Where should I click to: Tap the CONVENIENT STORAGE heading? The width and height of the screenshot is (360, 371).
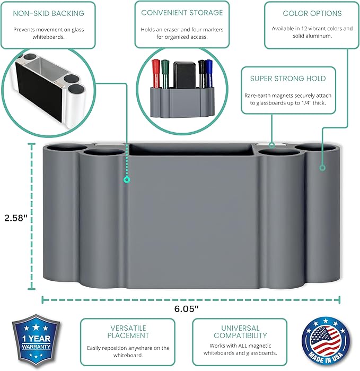click(182, 12)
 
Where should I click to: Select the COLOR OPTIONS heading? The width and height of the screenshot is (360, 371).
click(312, 13)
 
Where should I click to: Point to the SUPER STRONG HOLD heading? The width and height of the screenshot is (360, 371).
click(288, 79)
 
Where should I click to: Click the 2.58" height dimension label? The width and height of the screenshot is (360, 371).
click(16, 218)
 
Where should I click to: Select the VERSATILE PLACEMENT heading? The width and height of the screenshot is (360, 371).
click(128, 332)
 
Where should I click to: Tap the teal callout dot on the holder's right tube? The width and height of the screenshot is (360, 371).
click(322, 168)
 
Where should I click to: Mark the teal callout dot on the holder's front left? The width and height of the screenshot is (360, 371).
click(126, 180)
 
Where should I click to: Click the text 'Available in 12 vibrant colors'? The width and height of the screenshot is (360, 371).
click(312, 28)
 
